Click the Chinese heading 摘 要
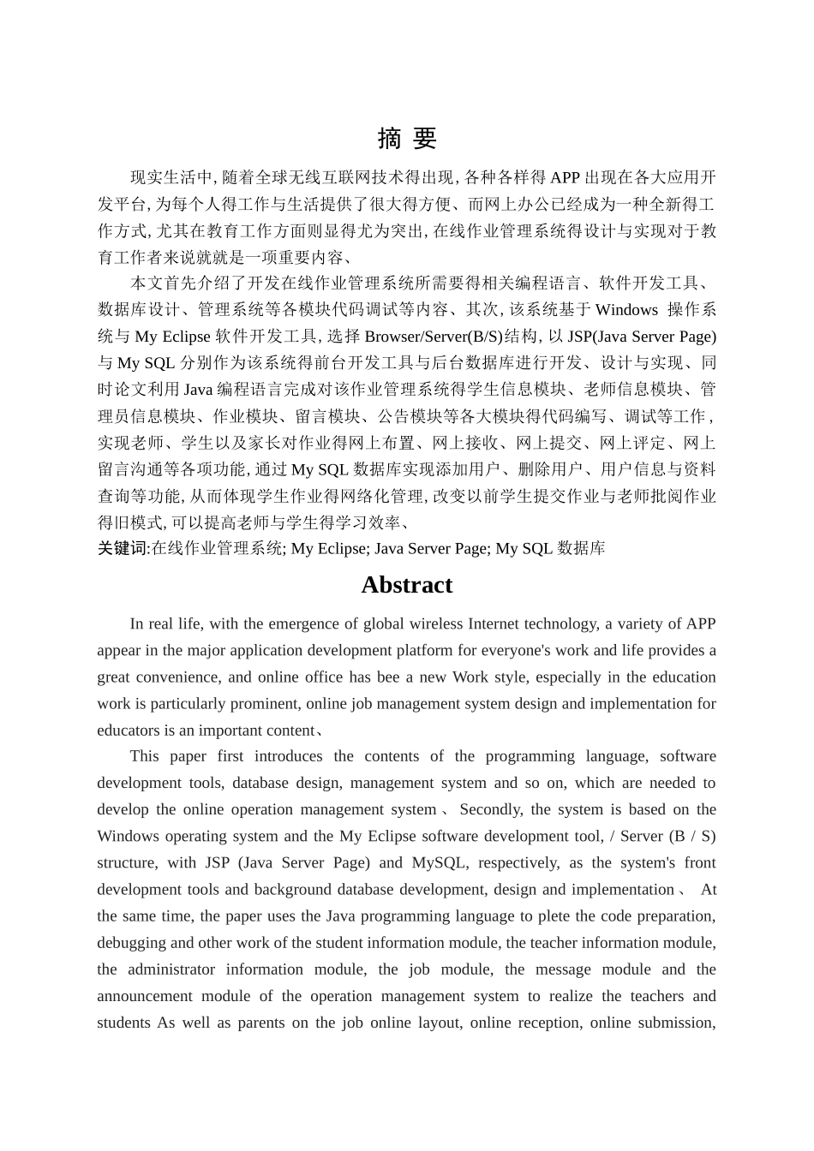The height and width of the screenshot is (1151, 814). [x=406, y=139]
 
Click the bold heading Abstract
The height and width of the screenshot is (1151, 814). [x=406, y=585]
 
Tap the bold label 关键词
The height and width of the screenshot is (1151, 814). [x=123, y=548]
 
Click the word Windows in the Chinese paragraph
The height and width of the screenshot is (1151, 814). [x=626, y=310]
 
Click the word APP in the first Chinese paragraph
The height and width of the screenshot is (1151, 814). [x=565, y=177]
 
